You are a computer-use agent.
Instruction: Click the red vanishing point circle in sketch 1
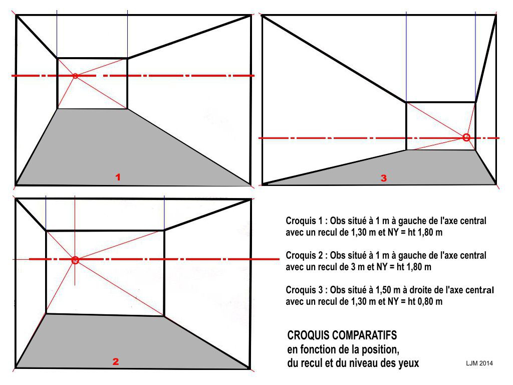coord(75,76)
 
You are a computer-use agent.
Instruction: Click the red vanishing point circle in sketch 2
coord(75,260)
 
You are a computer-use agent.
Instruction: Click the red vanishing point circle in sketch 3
coord(466,137)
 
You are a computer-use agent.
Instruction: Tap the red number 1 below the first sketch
coord(118,177)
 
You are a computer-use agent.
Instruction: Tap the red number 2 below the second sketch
coord(116,361)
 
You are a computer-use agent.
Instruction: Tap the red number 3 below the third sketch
coord(384,177)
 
